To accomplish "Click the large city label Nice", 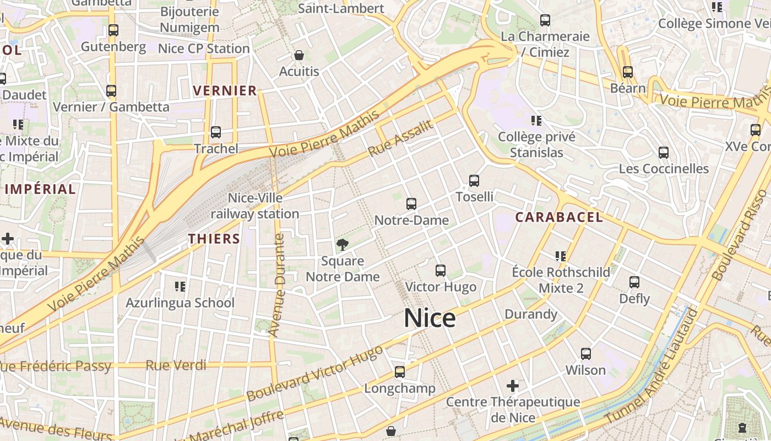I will tap(430, 319).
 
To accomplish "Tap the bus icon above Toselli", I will tap(474, 180).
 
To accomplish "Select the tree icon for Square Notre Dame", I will tap(343, 244).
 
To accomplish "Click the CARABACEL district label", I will tap(559, 217).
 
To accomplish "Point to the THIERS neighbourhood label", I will tap(214, 239).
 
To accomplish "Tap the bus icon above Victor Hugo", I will tap(441, 271).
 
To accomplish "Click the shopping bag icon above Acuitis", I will tap(299, 55).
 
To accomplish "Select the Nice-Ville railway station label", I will tap(255, 206).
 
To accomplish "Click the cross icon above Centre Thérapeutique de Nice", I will tap(513, 385).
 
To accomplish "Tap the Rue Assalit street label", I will tap(400, 138).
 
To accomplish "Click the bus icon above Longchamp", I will tap(400, 372).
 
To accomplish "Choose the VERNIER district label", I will tap(225, 91).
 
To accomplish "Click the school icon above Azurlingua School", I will tap(180, 286).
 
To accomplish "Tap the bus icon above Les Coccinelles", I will tap(664, 152).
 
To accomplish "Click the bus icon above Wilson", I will tap(586, 353).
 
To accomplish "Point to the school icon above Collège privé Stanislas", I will tap(536, 120).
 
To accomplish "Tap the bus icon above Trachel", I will tap(216, 132).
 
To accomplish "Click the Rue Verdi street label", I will tap(176, 365).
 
